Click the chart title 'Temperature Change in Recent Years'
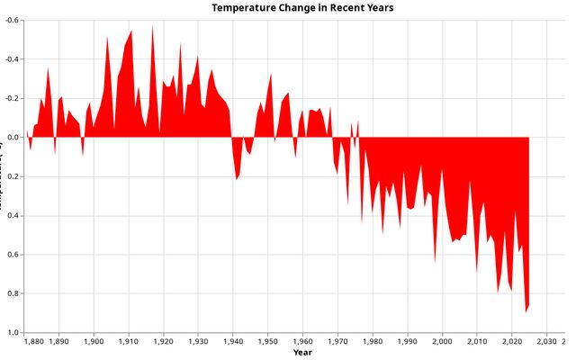(302, 7)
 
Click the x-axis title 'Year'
(302, 353)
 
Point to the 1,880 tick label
(31, 342)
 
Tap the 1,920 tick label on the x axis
(163, 342)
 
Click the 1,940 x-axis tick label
(233, 342)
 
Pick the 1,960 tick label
(302, 342)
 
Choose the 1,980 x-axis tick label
(373, 342)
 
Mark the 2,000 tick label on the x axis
(442, 342)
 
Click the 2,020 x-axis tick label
(511, 342)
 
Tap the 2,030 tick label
(546, 342)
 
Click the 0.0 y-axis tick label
(14, 138)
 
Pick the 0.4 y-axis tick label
(14, 216)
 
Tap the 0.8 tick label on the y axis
(14, 294)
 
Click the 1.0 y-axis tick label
(14, 333)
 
